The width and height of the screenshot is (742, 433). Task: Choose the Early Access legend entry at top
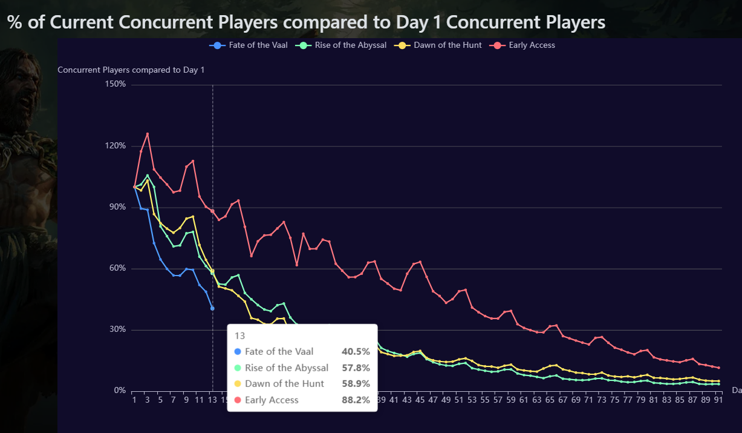coord(532,45)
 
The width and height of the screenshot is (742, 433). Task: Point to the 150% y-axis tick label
coord(115,84)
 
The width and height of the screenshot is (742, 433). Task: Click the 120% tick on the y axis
coord(115,146)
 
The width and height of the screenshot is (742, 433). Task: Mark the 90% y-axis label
coord(117,207)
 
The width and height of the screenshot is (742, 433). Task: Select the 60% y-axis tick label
coord(117,268)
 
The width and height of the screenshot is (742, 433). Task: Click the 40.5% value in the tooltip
coord(356,351)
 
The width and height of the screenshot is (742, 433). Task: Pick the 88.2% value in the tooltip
coord(356,400)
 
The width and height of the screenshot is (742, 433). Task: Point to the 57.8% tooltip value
coord(356,368)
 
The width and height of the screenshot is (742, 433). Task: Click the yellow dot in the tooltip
coord(237,384)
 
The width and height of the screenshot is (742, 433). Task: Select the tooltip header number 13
coord(239,335)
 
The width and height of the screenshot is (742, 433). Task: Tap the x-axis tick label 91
coord(718,400)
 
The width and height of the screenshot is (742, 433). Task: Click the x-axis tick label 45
coord(420,400)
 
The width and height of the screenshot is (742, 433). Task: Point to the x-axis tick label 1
coord(134,400)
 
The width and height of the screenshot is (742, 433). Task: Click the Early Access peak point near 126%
coord(148,134)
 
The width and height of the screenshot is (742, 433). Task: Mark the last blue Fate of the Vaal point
coord(212,308)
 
